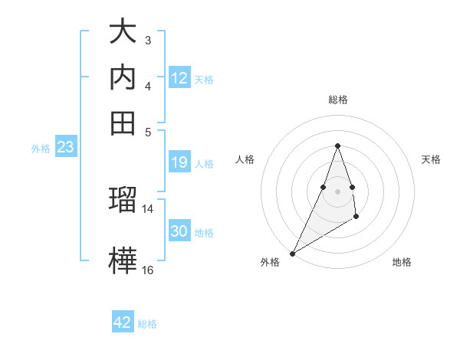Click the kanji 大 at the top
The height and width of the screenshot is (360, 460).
tap(123, 33)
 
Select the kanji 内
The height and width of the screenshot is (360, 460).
tap(123, 77)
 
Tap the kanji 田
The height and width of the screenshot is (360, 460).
tap(123, 122)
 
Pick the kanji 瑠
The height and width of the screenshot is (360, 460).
tap(123, 201)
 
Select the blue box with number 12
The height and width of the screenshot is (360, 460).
tap(179, 78)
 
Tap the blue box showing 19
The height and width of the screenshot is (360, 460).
tap(179, 162)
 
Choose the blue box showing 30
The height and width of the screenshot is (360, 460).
tap(179, 231)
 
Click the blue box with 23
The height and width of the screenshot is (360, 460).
tap(65, 148)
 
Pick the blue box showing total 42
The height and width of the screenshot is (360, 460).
tap(123, 322)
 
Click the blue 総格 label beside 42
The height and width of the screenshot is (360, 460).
tap(147, 324)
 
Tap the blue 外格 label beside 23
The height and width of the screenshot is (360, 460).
tap(41, 149)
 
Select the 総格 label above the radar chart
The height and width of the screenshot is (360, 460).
tap(338, 100)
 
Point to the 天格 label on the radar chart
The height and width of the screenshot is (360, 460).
tap(432, 159)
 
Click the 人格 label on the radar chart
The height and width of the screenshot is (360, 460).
tap(245, 159)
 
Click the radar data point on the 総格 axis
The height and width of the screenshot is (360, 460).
tap(338, 146)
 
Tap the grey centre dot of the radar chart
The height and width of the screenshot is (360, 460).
tap(338, 191)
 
